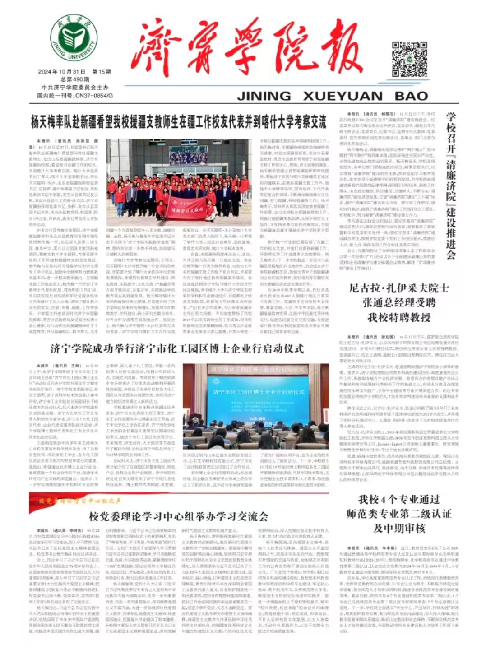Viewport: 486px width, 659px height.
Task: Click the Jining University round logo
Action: point(74,38)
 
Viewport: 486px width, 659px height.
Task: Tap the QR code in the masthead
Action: point(409,59)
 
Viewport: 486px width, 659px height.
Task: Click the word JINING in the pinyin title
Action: point(264,96)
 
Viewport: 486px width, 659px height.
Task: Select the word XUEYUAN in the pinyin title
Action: point(343,96)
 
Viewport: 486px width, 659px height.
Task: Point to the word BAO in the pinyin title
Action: point(411,96)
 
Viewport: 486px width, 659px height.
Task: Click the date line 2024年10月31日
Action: point(62,72)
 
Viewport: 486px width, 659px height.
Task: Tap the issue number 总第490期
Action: point(75,79)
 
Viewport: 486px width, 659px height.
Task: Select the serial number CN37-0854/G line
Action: point(75,96)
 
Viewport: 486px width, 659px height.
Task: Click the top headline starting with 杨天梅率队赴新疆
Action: point(179,121)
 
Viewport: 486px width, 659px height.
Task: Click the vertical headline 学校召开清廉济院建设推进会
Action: point(450,186)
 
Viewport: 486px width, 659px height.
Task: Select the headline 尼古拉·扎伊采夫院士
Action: point(399,288)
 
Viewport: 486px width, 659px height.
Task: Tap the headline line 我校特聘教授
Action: point(399,317)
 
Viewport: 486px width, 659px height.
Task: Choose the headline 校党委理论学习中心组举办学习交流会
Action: point(179,516)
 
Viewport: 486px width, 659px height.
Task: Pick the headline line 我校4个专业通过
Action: point(399,499)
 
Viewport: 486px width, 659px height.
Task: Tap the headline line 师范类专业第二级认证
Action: point(399,514)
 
